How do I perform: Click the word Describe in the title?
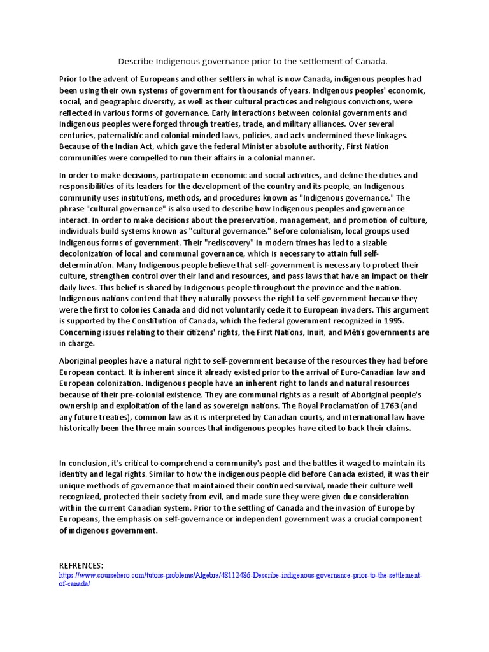137,61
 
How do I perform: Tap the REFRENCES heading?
81,565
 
